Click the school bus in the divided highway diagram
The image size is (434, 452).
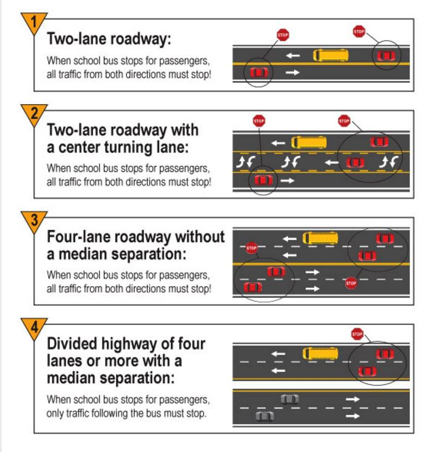[x=320, y=354]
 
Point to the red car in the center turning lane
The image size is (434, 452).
[x=353, y=163]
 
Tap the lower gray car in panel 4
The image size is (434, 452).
[x=264, y=416]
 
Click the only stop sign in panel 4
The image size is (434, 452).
[x=356, y=334]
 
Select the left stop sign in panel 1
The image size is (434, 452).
[x=282, y=34]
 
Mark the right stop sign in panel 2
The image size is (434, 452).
[x=344, y=121]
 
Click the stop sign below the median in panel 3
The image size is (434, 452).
[x=351, y=284]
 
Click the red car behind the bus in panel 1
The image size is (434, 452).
[x=385, y=56]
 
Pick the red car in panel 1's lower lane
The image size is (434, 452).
[x=258, y=73]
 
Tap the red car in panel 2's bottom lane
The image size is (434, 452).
[x=263, y=180]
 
